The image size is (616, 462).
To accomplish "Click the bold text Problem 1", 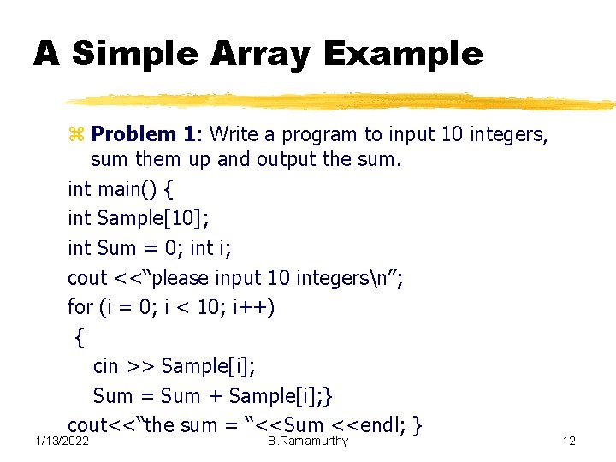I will (143, 133).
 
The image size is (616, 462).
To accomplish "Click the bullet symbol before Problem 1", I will (74, 134).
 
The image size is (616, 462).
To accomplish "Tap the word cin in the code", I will (106, 366).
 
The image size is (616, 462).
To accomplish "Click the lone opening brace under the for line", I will (80, 337).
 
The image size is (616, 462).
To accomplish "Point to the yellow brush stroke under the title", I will (342, 99).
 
